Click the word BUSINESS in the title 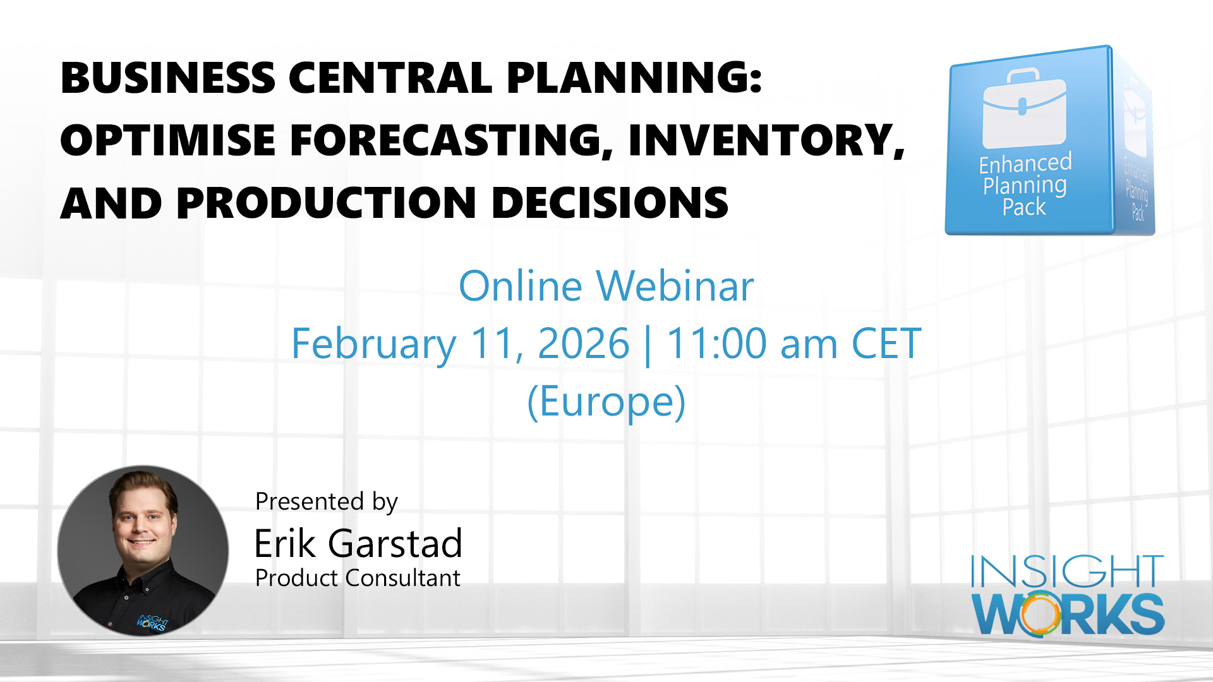click(168, 78)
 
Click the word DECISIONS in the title click(610, 203)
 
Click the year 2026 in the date click(583, 344)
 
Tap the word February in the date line click(373, 344)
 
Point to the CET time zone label click(886, 344)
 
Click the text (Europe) click(606, 402)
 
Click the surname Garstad click(395, 544)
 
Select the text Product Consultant click(358, 578)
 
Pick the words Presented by click(326, 501)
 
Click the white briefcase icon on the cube click(1023, 111)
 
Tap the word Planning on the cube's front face click(1025, 186)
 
